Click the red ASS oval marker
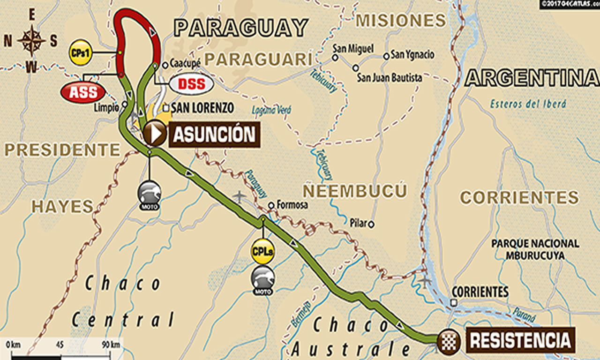pos(83,92)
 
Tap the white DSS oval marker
pos(191,84)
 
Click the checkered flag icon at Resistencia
pos(448,342)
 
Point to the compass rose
pos(31,41)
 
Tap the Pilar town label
pos(358,224)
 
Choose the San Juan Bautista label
pos(389,77)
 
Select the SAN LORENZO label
pos(202,108)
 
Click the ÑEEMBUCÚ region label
pos(354,191)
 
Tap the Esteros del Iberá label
pos(528,104)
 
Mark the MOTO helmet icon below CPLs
pos(263,280)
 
